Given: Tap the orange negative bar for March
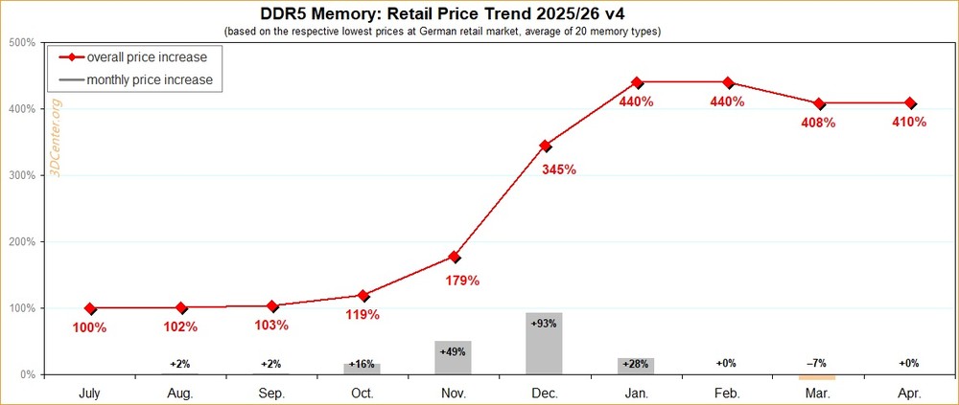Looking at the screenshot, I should click(817, 377).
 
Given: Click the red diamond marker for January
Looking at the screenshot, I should click(637, 82).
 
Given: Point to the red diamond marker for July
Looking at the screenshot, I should click(90, 308).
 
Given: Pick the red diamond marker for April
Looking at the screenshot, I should click(910, 103).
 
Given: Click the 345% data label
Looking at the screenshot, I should click(558, 169).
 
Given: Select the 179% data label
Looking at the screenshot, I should click(462, 281).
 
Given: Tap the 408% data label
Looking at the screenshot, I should click(817, 123).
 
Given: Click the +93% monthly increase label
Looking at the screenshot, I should click(544, 324).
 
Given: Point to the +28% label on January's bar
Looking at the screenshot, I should click(635, 364).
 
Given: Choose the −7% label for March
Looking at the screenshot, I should click(817, 364).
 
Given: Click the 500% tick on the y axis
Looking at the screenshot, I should click(21, 43).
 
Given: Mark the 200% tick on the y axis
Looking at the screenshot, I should click(21, 242).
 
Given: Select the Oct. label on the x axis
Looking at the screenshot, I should click(362, 392).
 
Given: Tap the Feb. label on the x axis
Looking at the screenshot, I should click(726, 392).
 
